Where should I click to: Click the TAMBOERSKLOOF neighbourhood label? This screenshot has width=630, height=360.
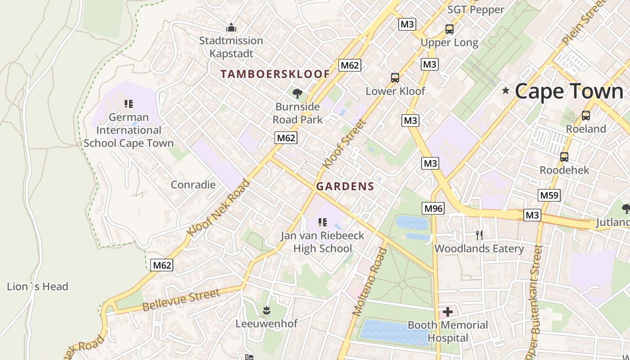[x=275, y=74]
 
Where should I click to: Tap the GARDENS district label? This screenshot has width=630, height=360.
[x=345, y=186]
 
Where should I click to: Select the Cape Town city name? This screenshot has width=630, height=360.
[x=569, y=91]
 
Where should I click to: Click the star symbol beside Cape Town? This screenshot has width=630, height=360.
[x=506, y=91]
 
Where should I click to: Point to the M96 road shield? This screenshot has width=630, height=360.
[x=433, y=208]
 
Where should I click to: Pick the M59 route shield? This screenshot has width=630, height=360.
[x=549, y=195]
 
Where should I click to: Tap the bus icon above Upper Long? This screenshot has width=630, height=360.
[x=449, y=29]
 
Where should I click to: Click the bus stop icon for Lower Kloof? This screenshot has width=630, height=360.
[x=395, y=78]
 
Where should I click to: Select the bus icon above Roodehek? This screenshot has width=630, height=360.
[x=564, y=157]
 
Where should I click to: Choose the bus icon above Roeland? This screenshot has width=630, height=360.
[x=585, y=116]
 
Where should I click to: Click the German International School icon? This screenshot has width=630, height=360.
[x=129, y=104]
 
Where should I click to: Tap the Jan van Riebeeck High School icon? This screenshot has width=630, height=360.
[x=322, y=222]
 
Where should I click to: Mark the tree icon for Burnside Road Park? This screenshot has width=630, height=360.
[x=297, y=94]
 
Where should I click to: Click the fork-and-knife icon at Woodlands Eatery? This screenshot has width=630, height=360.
[x=479, y=235]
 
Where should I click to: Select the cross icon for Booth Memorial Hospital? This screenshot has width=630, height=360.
[x=448, y=311]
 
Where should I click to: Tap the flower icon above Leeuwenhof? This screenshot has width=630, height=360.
[x=266, y=310]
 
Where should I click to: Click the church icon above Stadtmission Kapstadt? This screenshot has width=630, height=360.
[x=231, y=27]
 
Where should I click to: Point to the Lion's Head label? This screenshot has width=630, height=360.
[x=37, y=287]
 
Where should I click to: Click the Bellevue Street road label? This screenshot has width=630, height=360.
[x=181, y=300]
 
